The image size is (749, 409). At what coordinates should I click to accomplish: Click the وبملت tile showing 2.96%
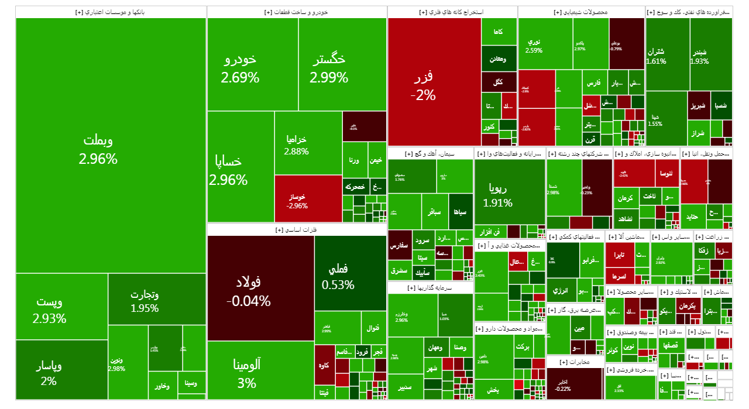click(111, 149)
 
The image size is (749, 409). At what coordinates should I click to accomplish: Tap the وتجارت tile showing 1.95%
click(145, 301)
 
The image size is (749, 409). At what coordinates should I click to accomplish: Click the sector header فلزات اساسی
click(297, 230)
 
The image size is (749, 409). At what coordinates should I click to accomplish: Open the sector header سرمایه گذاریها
click(430, 288)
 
